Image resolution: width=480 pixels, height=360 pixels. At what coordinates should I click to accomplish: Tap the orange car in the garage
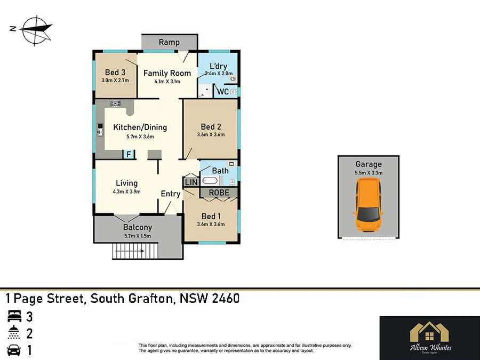tap(368, 205)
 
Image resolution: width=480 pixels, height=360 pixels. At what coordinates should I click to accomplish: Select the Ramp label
tap(169, 42)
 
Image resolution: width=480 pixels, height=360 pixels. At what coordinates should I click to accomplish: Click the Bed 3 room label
tap(115, 73)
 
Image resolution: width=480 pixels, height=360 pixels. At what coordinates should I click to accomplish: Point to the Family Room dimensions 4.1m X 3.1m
tap(167, 82)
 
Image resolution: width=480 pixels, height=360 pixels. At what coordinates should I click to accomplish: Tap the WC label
tap(223, 92)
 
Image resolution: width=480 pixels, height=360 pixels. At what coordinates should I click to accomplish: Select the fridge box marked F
tap(128, 155)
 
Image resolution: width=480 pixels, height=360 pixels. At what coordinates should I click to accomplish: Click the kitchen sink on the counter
tap(100, 129)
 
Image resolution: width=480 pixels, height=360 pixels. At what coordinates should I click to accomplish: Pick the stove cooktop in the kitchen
tap(115, 103)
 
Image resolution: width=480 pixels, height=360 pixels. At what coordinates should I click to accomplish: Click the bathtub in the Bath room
tap(210, 181)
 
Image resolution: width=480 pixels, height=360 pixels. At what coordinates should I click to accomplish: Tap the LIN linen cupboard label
tap(190, 182)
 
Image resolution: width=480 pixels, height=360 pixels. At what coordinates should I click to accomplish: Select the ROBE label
tap(219, 193)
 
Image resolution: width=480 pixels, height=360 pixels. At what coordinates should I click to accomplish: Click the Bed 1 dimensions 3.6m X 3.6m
tap(211, 225)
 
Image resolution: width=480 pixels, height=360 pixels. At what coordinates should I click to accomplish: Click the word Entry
tap(171, 194)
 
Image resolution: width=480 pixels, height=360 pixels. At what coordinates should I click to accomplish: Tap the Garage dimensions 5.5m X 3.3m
tap(369, 173)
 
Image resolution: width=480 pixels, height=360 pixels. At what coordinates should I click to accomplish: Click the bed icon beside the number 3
tap(13, 317)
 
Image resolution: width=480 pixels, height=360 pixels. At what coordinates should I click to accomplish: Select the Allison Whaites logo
tap(429, 338)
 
